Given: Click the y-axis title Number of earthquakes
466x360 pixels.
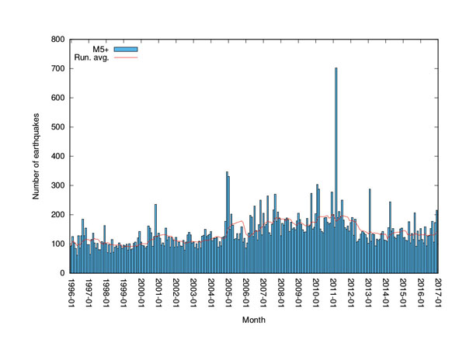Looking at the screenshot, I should tap(37, 156).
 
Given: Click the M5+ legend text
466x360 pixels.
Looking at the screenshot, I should tap(100, 49).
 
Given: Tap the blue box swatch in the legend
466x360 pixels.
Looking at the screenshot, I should tap(126, 49).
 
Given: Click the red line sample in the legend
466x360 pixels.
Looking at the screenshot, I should tap(126, 57).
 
